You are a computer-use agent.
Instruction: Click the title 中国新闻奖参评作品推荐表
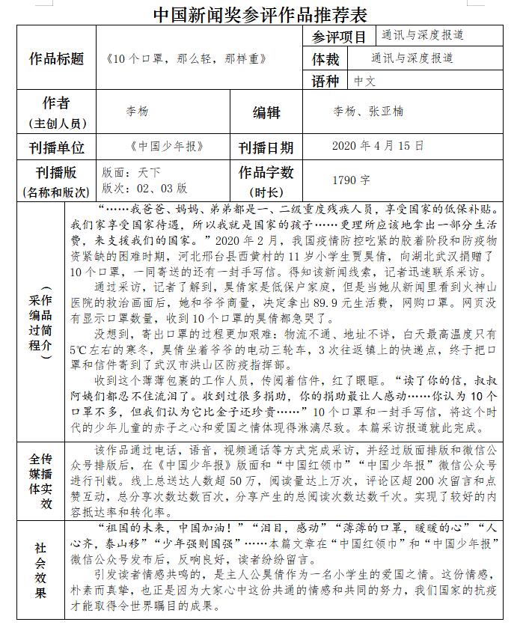click(x=260, y=13)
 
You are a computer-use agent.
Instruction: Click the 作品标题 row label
click(x=57, y=59)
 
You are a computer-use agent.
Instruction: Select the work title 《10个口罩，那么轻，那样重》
click(x=177, y=59)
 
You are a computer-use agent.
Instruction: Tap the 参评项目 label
click(x=337, y=37)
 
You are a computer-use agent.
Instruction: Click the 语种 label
click(x=325, y=81)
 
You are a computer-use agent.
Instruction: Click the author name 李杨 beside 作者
click(x=137, y=112)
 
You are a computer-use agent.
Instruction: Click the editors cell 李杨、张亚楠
click(x=368, y=112)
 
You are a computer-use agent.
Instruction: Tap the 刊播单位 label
click(x=57, y=147)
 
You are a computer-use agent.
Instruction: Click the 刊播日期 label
click(x=266, y=147)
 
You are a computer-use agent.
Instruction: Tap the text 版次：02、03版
click(x=144, y=188)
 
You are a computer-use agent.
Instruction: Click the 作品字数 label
click(x=266, y=172)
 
